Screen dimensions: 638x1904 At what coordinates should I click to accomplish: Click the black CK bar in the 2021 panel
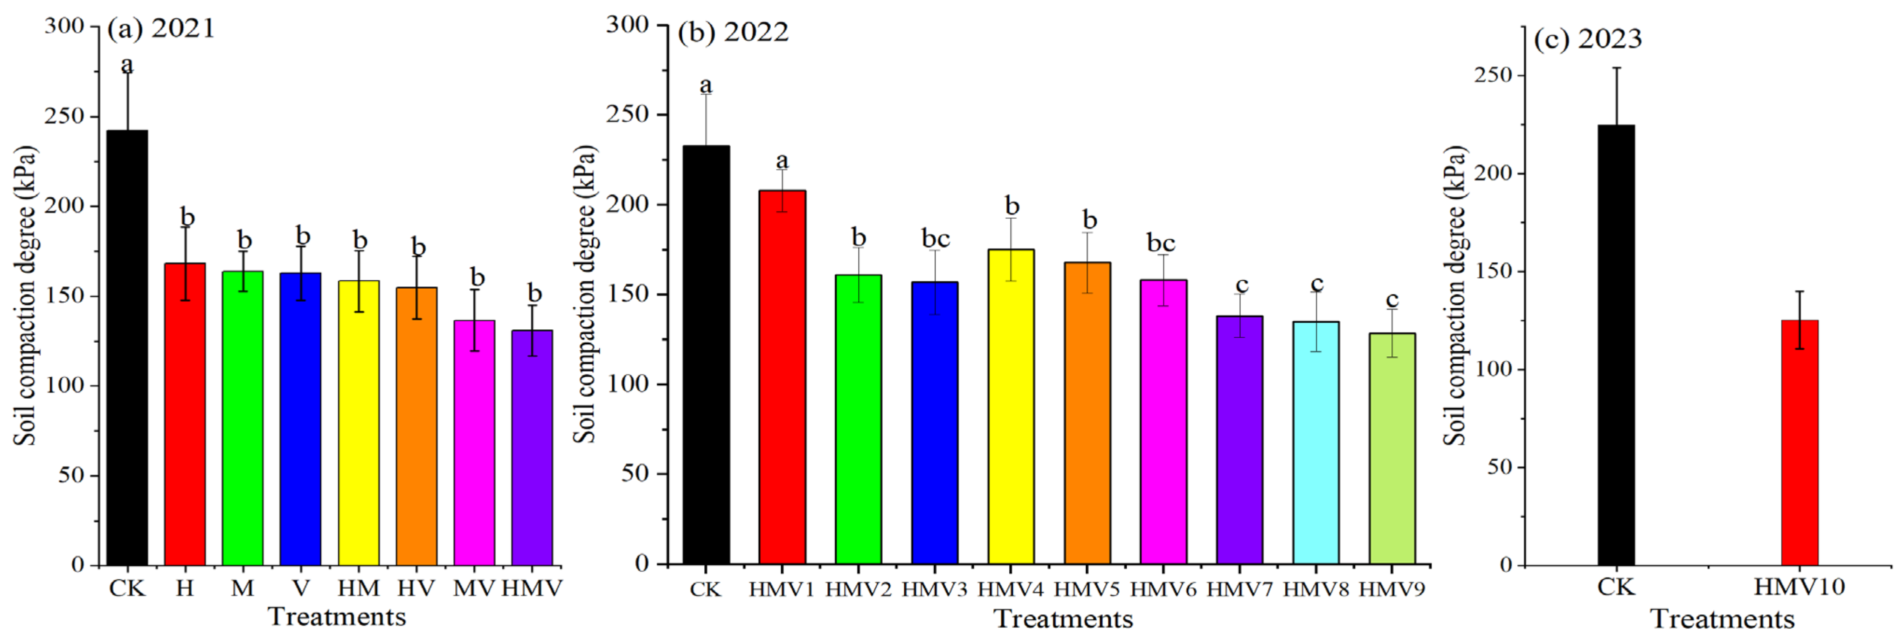(127, 347)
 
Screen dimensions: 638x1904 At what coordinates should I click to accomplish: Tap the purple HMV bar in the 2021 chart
(532, 447)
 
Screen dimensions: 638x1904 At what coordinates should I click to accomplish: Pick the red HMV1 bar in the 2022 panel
(782, 377)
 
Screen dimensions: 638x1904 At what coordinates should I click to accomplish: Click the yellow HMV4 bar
(1011, 407)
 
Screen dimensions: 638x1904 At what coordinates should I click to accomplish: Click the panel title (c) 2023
(1588, 38)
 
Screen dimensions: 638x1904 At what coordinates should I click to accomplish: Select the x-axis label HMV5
(1087, 589)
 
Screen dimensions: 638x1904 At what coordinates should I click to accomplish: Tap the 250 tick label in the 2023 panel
(1494, 76)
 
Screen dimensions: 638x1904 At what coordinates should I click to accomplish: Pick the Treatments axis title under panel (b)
(1063, 619)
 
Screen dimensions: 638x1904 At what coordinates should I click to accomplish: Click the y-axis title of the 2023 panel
(1454, 296)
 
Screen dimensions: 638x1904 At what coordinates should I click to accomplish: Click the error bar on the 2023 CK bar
(1616, 96)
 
